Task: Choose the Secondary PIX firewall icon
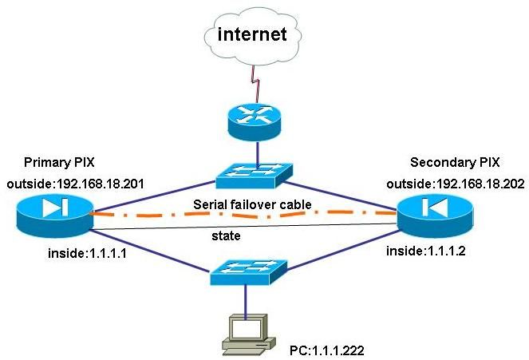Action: pos(435,211)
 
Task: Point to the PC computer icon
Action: pos(245,334)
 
